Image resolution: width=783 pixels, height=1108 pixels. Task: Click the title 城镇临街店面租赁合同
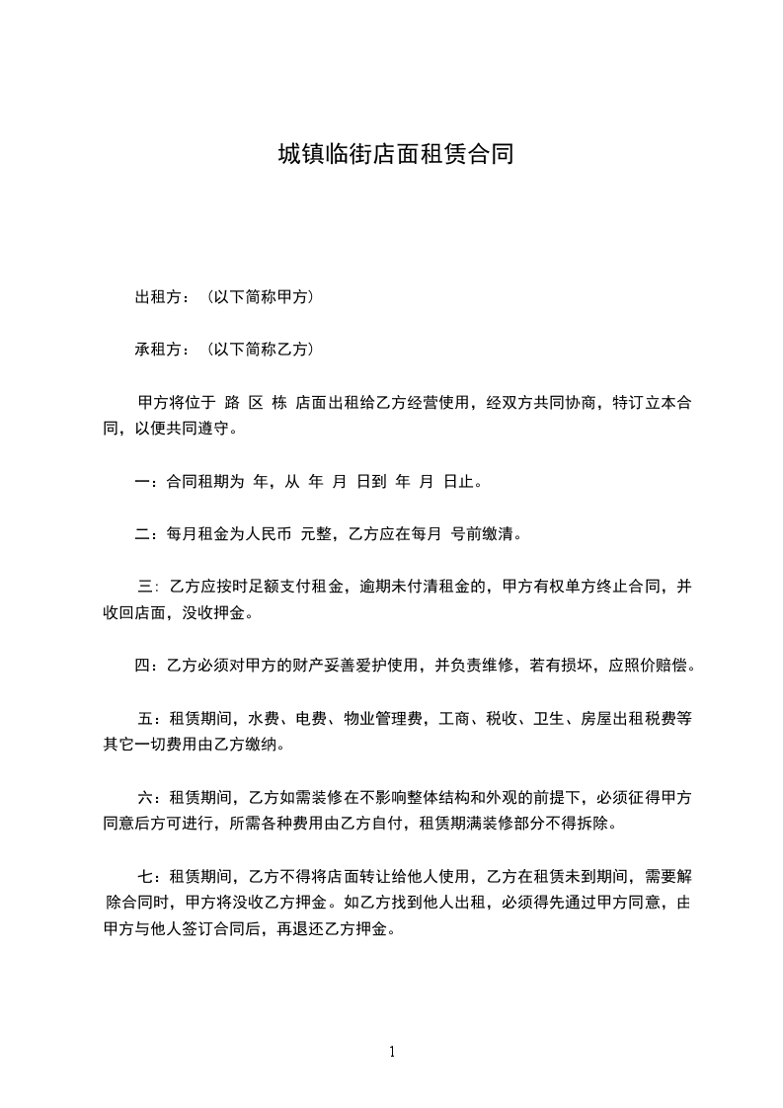tap(395, 155)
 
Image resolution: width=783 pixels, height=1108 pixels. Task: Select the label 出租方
tap(156, 296)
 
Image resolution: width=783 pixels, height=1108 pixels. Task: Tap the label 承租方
tap(156, 349)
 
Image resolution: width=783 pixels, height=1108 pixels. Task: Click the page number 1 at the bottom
tap(392, 1052)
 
